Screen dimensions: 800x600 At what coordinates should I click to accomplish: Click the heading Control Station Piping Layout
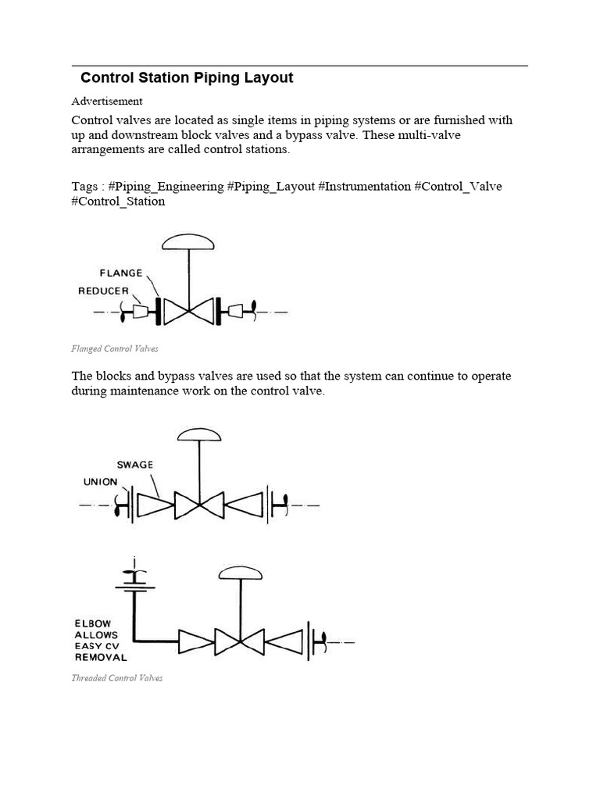coord(187,77)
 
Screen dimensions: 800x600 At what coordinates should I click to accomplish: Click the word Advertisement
coord(107,101)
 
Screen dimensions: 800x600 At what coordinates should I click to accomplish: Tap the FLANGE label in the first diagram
coord(121,273)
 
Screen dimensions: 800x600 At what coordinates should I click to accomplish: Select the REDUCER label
coord(104,291)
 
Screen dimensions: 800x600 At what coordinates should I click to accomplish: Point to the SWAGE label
coord(135,464)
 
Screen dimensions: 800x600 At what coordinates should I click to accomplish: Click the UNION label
coord(101,482)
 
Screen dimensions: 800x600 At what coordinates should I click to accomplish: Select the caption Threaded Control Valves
coord(117,678)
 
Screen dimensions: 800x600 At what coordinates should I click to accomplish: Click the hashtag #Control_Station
coord(119,201)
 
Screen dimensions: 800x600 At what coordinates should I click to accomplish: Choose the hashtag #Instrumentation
coord(365,186)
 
